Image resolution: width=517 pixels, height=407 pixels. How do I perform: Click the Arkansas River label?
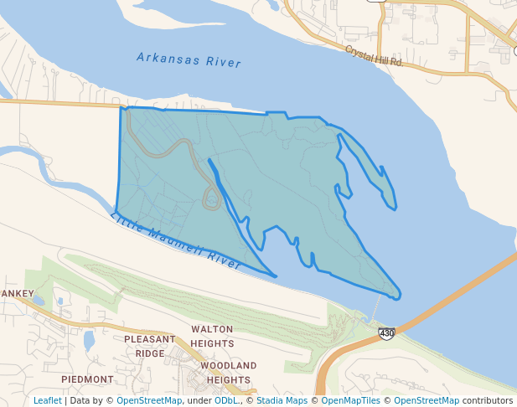coord(189,60)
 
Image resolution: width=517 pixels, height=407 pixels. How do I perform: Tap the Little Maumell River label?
coord(175,242)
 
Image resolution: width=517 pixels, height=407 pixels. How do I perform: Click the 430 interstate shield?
coord(386,333)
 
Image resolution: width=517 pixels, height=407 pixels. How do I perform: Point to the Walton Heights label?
coord(212,337)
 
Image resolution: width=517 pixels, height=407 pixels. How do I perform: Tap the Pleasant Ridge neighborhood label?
coord(150,346)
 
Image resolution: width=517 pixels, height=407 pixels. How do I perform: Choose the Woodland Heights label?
coord(228,373)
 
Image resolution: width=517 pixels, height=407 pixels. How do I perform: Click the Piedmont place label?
coord(87,379)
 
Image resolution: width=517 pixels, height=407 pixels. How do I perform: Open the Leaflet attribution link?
coord(48,400)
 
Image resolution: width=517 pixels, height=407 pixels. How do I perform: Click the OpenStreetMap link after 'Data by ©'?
coord(149,400)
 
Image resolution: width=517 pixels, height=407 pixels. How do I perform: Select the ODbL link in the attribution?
coord(226,400)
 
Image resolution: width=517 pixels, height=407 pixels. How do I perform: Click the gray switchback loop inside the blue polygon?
coord(212,198)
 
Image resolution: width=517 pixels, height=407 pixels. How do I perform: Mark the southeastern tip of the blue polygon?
coord(397,295)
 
